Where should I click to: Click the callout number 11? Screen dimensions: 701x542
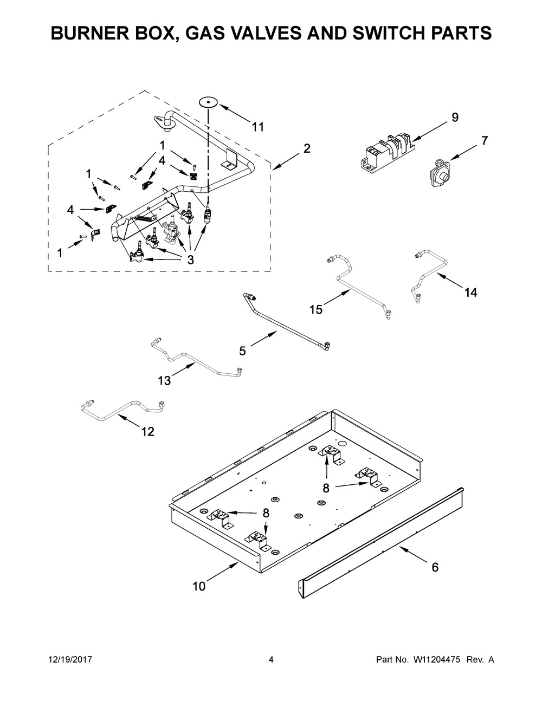[258, 127]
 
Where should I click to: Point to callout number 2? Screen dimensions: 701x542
[307, 148]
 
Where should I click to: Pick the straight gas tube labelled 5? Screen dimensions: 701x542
[287, 320]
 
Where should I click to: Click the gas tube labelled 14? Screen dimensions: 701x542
[428, 271]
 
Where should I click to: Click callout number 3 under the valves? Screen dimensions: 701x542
[190, 259]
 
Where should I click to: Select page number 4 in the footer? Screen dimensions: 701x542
[271, 660]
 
